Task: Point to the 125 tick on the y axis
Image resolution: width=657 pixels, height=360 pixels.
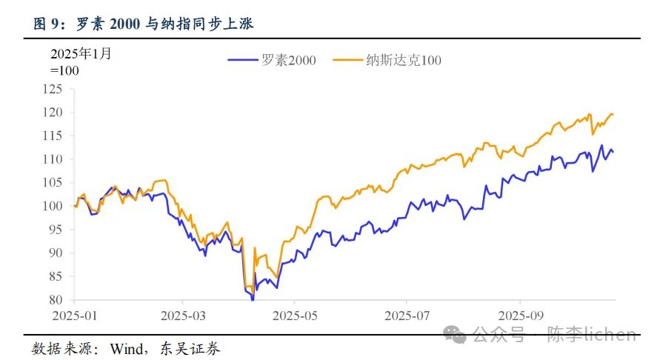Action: (x=53, y=89)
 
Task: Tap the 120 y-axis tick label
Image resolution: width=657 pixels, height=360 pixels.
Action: (x=53, y=113)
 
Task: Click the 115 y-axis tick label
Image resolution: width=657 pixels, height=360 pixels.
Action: (x=53, y=136)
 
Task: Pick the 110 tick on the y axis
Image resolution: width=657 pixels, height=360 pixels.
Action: (x=53, y=159)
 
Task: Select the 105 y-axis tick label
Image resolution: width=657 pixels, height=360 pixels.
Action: (x=53, y=183)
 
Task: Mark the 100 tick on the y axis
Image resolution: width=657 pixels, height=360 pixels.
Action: (x=53, y=206)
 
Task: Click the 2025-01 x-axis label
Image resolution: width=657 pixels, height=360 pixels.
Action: (x=75, y=314)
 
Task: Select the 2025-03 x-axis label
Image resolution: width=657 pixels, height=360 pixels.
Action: (x=184, y=314)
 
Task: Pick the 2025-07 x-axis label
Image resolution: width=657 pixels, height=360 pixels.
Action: (x=407, y=314)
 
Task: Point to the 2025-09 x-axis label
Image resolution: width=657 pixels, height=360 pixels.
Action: (x=520, y=314)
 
